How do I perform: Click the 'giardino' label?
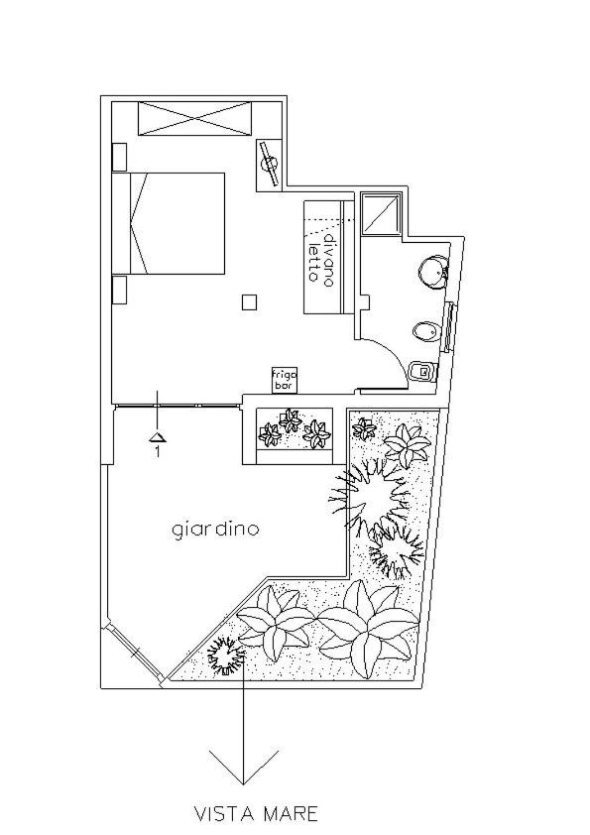[x=215, y=530]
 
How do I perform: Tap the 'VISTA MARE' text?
[x=256, y=814]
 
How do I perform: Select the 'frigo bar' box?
[x=285, y=380]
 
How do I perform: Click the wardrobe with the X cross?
[x=194, y=119]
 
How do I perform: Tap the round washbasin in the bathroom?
[x=432, y=272]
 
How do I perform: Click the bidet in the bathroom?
[x=425, y=332]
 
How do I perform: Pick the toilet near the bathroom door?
[x=423, y=371]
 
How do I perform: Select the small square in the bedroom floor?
[x=249, y=302]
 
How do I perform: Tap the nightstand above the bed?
[x=119, y=157]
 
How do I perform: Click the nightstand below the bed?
[x=119, y=290]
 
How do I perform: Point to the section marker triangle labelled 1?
[x=158, y=437]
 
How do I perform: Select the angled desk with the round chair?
[x=270, y=163]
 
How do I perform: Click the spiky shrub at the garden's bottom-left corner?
[x=226, y=654]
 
